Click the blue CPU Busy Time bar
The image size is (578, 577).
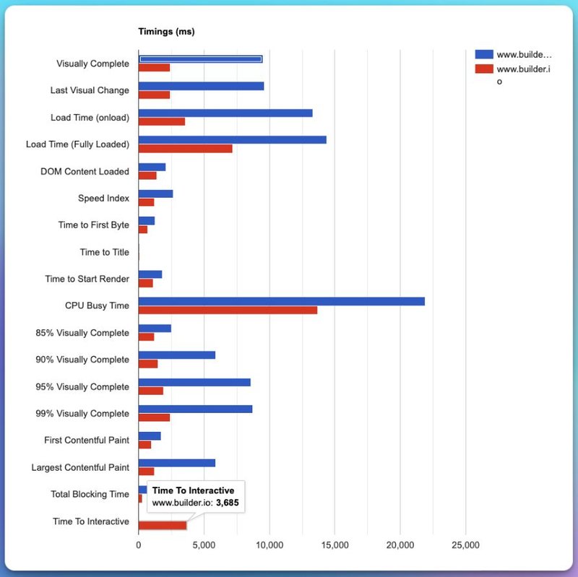pyautogui.click(x=281, y=301)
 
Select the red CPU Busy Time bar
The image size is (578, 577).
pyautogui.click(x=228, y=310)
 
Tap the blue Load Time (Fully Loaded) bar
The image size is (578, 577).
pyautogui.click(x=232, y=139)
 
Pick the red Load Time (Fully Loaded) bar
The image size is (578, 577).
pyautogui.click(x=185, y=148)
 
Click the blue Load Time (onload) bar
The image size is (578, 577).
pyautogui.click(x=225, y=113)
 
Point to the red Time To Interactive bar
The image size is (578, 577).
pyautogui.click(x=162, y=526)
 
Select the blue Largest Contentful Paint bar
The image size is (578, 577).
pyautogui.click(x=176, y=463)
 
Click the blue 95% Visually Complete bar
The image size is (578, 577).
pyautogui.click(x=194, y=382)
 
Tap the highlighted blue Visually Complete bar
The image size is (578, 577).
pyautogui.click(x=200, y=59)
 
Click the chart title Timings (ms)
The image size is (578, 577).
pyautogui.click(x=166, y=32)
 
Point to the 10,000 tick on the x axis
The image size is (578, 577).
pyautogui.click(x=269, y=546)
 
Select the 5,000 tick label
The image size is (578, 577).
pyautogui.click(x=204, y=546)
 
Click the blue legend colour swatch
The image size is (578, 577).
pyautogui.click(x=484, y=54)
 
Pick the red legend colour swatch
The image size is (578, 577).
pyautogui.click(x=484, y=68)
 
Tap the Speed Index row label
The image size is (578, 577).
pyautogui.click(x=103, y=198)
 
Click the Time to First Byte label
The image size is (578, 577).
pyautogui.click(x=94, y=225)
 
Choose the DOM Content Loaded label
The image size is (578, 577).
pyautogui.click(x=85, y=172)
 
